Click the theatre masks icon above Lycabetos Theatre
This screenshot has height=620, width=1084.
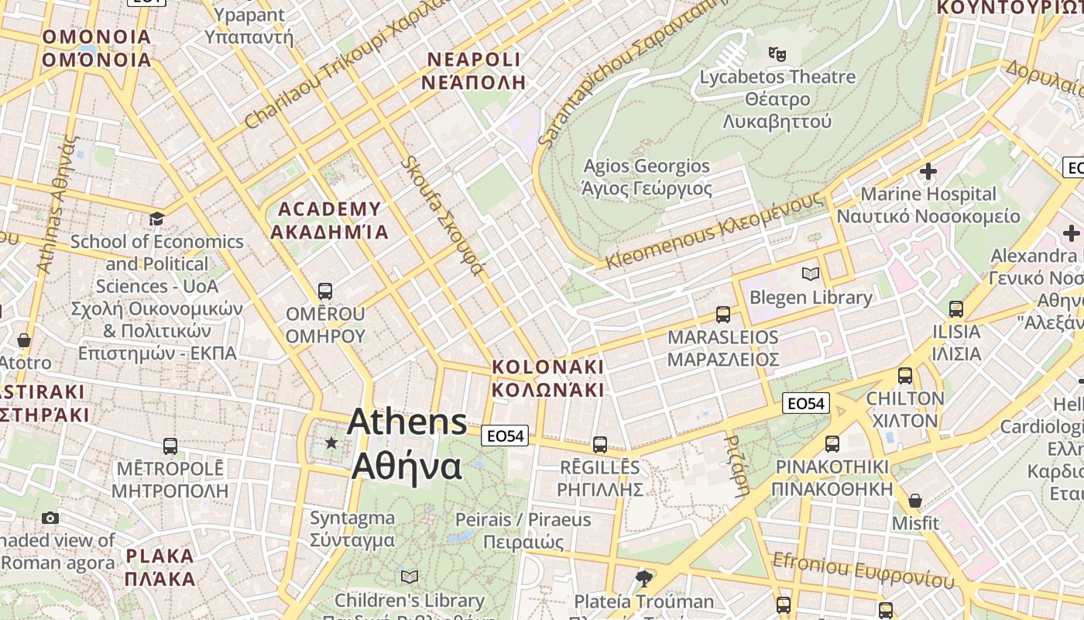point(777,53)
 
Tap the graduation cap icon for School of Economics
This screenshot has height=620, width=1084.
point(156,219)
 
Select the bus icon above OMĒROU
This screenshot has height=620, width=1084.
point(325,291)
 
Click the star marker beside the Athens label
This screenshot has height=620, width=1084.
point(331,443)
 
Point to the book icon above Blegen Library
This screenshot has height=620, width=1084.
point(811,274)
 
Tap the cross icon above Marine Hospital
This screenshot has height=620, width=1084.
point(928,170)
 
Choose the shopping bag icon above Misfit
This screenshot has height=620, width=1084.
point(914,501)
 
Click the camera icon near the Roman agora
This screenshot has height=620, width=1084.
point(50,518)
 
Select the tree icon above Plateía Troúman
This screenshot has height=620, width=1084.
point(643,578)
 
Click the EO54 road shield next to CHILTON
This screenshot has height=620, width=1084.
point(806,403)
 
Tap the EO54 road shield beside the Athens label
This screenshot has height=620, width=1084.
point(505,436)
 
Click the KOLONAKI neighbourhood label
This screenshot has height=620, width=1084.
point(547,377)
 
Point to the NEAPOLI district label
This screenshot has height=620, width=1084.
point(474,71)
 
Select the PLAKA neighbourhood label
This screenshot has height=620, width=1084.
point(160,567)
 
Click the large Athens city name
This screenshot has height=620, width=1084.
point(407,444)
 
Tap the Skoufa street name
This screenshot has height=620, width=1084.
point(442,215)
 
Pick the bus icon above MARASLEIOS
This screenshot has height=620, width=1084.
point(723,314)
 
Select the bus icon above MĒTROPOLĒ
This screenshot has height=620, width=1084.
point(170,446)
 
